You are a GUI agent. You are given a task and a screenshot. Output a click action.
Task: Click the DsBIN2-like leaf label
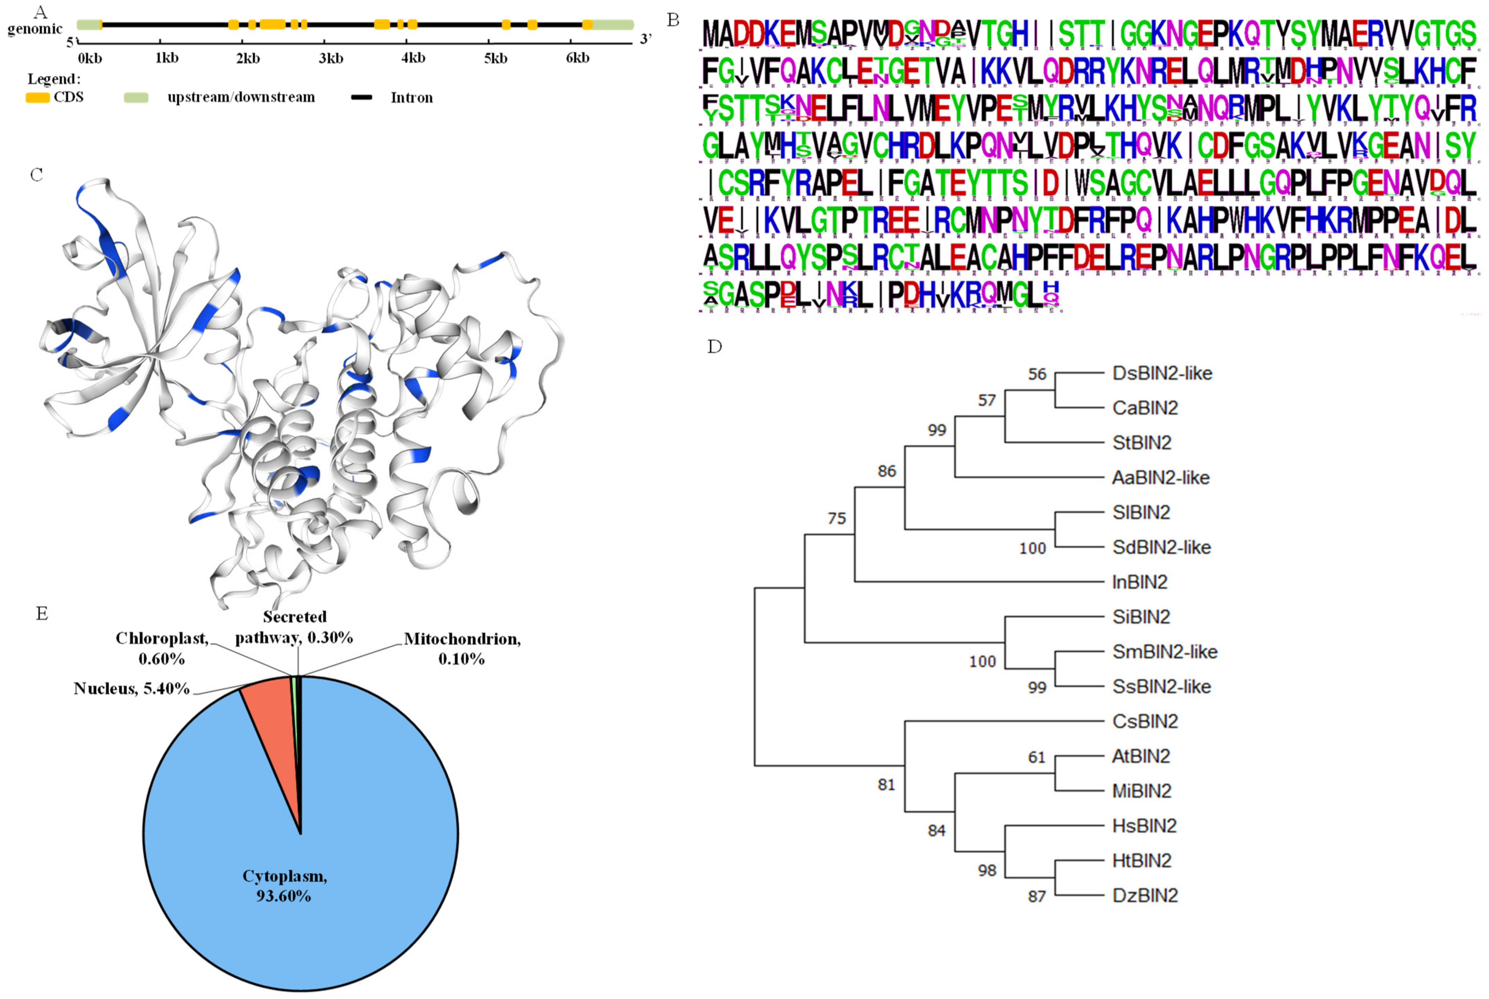[1161, 373]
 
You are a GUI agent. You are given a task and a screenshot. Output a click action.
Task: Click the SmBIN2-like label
[1164, 652]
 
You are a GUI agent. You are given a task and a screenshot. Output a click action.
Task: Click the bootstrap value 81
[886, 785]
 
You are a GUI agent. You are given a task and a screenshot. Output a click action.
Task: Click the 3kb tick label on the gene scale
[331, 59]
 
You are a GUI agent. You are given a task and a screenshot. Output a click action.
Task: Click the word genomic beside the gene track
[35, 29]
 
